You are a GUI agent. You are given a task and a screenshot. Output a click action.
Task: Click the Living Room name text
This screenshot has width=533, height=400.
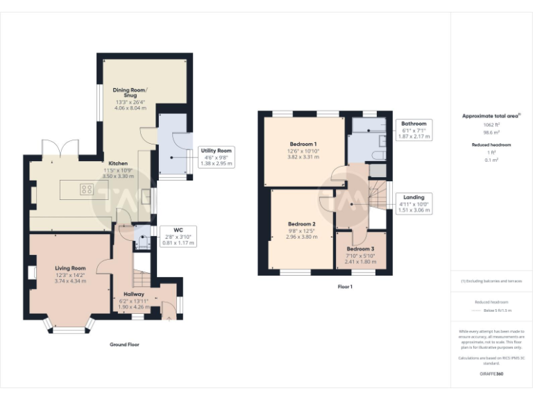(70, 268)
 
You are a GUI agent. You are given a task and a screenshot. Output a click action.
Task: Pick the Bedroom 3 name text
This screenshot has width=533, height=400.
(360, 249)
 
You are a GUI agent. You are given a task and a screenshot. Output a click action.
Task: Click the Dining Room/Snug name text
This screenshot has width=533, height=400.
(130, 92)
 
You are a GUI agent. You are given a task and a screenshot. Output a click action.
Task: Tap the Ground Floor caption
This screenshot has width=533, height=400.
(124, 344)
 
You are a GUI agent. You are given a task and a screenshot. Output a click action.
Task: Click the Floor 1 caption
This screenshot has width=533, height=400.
(345, 286)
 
